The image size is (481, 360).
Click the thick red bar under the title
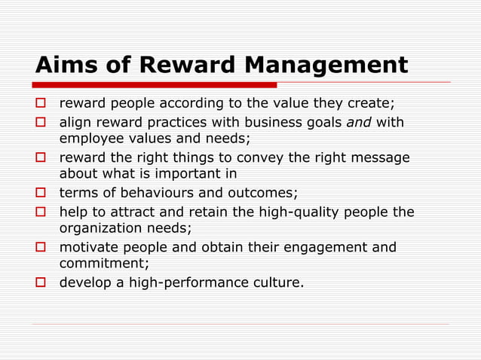point(155,84)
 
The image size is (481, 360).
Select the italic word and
point(359,122)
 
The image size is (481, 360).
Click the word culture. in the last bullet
point(276,283)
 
